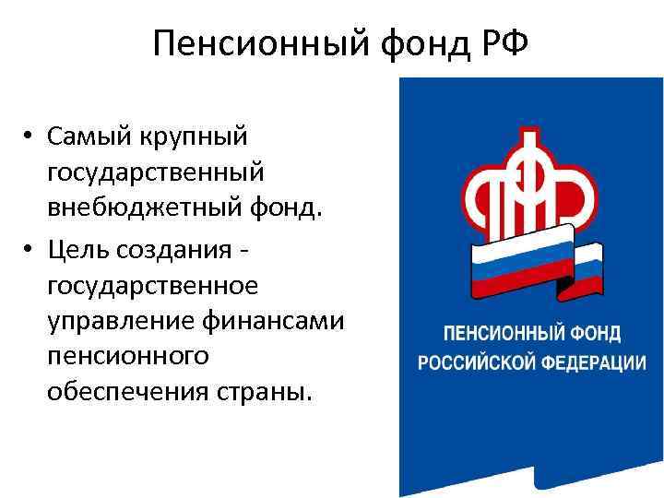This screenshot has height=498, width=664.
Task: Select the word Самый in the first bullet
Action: (90, 138)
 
